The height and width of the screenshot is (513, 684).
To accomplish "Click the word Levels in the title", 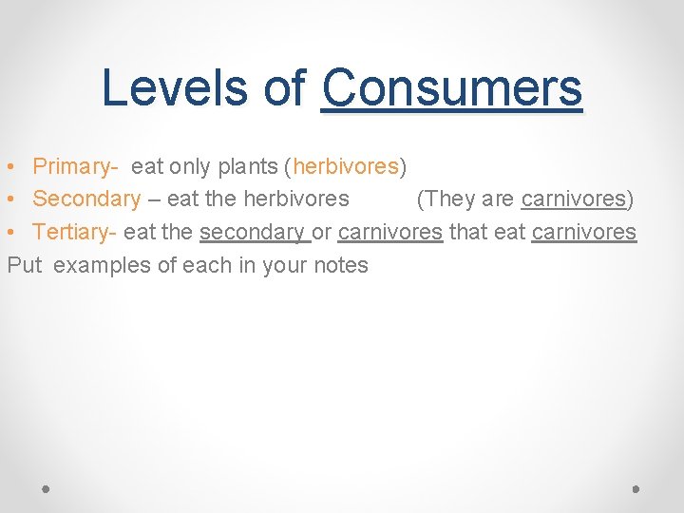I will tap(177, 88).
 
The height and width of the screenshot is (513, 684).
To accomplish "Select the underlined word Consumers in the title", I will tap(451, 88).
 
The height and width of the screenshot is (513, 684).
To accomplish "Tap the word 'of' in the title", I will tap(285, 88).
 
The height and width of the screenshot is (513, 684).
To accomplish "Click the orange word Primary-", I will tap(75, 166).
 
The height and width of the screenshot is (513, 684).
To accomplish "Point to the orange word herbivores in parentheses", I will tap(346, 166).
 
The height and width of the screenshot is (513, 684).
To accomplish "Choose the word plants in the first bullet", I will tap(247, 166).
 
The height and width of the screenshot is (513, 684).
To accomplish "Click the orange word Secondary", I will tap(86, 199).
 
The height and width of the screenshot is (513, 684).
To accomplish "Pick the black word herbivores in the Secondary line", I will tap(296, 199).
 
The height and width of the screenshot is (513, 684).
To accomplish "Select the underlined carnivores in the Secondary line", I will tap(574, 199).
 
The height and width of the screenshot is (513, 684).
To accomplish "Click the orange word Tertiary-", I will tap(75, 232).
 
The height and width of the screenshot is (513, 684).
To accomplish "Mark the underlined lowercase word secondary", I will tap(253, 232).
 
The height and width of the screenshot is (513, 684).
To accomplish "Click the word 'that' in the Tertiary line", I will tap(468, 232).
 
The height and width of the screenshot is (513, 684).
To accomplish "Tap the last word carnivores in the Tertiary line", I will tap(583, 232).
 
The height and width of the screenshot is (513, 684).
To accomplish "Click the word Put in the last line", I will tap(25, 265).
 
